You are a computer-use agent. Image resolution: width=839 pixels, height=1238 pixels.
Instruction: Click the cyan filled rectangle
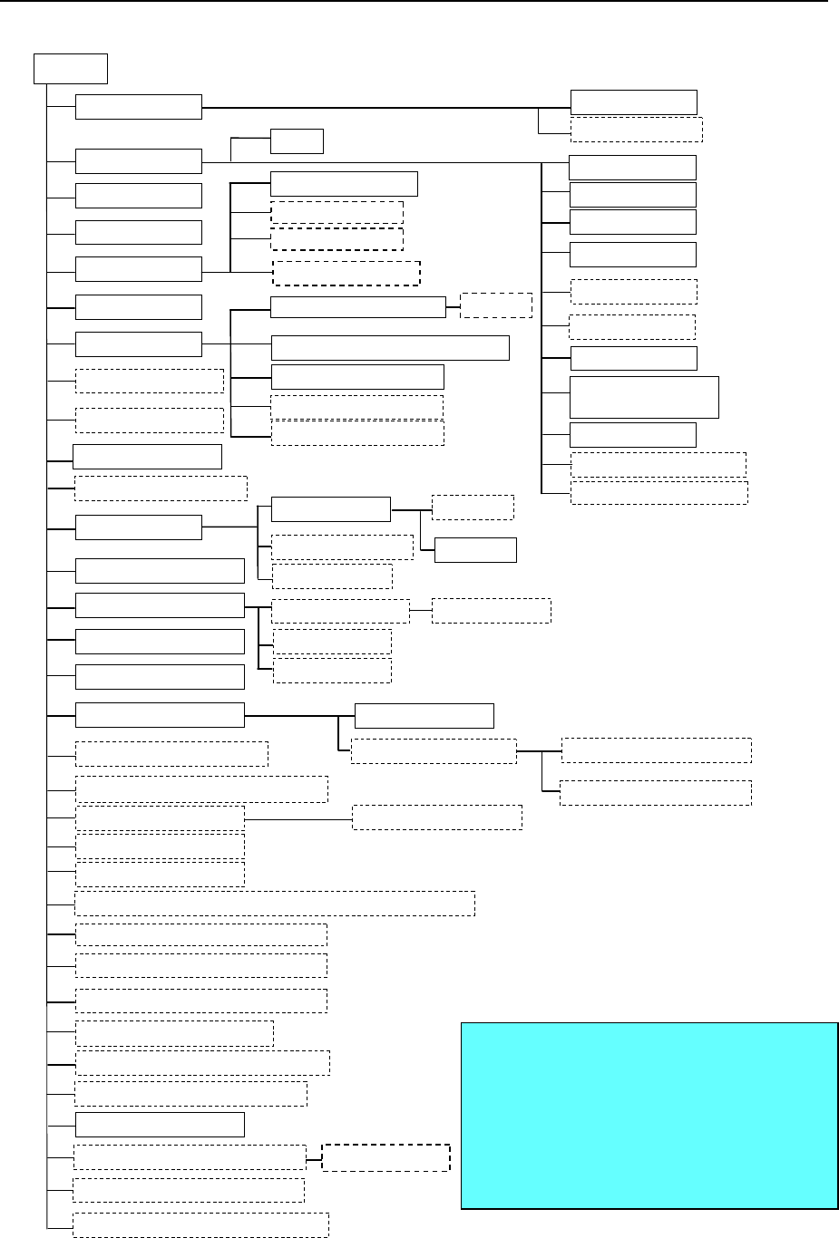click(649, 1115)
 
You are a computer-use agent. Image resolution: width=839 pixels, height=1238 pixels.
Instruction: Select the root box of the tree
click(71, 68)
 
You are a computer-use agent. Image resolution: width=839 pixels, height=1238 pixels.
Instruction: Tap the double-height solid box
click(644, 397)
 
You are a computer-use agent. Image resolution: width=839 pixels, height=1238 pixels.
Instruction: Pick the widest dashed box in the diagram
click(275, 904)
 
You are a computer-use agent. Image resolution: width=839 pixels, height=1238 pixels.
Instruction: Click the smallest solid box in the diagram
click(297, 141)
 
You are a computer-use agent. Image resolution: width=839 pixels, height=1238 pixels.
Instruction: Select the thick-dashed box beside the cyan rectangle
click(385, 1158)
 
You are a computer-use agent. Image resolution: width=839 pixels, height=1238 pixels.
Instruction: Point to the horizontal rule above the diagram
click(417, 2)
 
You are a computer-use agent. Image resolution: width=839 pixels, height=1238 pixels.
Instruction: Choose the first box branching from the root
click(138, 106)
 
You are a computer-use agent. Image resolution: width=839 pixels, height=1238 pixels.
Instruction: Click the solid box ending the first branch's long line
click(633, 102)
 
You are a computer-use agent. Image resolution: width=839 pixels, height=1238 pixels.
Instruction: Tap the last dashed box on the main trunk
click(200, 1224)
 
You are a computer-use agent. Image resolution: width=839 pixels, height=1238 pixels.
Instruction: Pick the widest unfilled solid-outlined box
click(390, 348)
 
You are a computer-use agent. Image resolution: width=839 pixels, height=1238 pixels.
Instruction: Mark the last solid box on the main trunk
click(160, 1125)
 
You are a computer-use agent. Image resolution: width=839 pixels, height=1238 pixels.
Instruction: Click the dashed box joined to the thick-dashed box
click(190, 1157)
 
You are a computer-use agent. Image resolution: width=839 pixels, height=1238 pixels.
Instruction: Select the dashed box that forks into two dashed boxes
click(434, 751)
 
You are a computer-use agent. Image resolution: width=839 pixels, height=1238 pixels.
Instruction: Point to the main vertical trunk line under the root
click(46, 634)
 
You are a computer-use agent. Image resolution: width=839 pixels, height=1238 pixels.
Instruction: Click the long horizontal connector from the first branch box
click(381, 108)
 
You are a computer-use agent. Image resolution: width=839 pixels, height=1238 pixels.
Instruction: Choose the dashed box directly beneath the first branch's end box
click(636, 130)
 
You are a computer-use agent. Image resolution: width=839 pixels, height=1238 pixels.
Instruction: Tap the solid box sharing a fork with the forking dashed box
click(424, 716)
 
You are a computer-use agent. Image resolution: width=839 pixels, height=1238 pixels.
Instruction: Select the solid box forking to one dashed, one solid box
click(331, 509)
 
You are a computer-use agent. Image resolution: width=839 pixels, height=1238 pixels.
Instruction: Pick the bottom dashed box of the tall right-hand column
click(659, 492)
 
